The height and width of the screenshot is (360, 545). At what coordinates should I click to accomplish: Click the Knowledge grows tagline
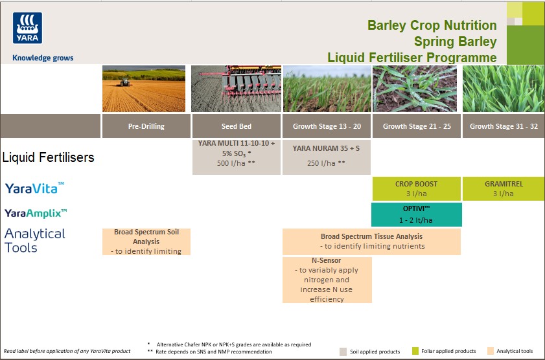pos(43,58)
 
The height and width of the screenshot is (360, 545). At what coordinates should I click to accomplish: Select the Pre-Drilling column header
pos(146,126)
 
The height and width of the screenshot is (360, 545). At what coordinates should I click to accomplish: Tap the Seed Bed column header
pos(236,126)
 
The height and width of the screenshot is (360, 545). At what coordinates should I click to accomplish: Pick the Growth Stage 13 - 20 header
pos(327,126)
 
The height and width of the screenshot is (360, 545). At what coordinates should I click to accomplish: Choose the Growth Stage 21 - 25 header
pos(416,126)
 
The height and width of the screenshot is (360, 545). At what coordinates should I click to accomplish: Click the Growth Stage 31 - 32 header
pos(504,126)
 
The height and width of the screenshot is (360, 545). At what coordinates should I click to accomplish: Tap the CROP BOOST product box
pos(416,188)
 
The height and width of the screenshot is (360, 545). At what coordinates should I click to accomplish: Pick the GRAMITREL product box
pos(504,188)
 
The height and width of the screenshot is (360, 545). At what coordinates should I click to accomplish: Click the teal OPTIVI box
pos(416,214)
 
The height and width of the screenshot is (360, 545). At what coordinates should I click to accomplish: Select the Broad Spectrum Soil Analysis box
pos(146,242)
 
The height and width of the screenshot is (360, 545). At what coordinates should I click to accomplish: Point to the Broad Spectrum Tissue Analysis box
pos(371,242)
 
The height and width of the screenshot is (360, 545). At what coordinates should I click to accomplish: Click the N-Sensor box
pos(327,279)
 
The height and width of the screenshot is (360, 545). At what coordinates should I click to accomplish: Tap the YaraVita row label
pos(35,188)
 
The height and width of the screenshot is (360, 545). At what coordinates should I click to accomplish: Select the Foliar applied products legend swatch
pos(415,351)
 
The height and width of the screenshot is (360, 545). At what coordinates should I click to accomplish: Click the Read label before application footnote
pos(67,351)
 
